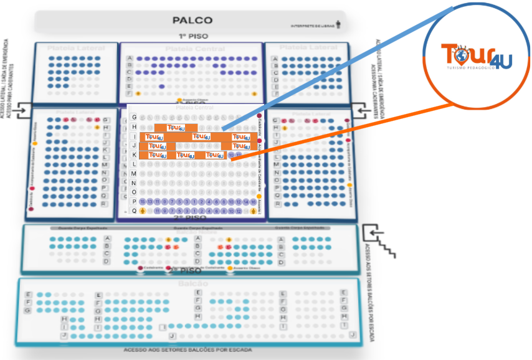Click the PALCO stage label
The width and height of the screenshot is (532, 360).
192,21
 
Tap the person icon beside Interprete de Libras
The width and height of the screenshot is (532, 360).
338,25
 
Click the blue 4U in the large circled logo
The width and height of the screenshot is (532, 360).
501,60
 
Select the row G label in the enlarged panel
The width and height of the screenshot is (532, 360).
133,117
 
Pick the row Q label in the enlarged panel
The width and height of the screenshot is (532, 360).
133,211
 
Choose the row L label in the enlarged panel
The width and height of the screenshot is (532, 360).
133,164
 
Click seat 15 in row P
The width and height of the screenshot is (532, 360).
143,202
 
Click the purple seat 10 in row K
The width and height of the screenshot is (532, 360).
231,154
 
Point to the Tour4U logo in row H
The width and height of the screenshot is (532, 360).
176,128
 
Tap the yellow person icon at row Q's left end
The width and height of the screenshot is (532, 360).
143,211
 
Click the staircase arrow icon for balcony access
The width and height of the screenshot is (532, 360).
381,241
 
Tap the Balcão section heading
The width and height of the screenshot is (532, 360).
194,284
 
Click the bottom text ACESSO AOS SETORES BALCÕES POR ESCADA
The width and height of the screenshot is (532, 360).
188,350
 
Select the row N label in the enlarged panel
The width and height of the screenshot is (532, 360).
133,183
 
